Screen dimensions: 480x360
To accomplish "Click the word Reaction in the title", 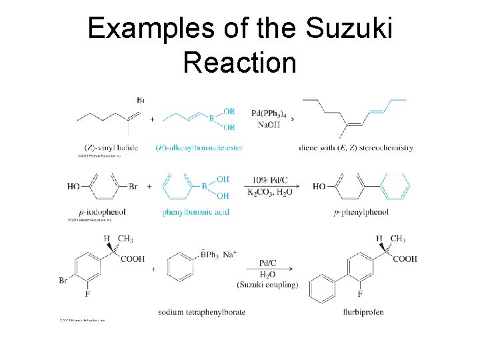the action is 239,63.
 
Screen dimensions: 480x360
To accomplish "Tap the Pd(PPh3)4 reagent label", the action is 269,113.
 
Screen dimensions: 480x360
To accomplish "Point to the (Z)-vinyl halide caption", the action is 111,147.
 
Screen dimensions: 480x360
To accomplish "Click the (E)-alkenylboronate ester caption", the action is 202,147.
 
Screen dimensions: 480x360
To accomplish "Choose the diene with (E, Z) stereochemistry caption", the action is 356,147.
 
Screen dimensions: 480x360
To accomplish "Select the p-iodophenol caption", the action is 96,212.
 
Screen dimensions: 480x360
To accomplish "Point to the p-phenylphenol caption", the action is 361,212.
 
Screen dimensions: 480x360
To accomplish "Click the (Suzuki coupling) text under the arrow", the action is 267,285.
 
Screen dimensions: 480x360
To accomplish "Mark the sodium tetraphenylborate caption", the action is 201,312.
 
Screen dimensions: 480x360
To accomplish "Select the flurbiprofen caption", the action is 363,312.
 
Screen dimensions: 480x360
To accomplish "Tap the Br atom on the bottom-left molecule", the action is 63,281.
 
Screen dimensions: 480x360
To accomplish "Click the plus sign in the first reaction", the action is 152,119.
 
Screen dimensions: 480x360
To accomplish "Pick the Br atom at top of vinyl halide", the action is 140,101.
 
